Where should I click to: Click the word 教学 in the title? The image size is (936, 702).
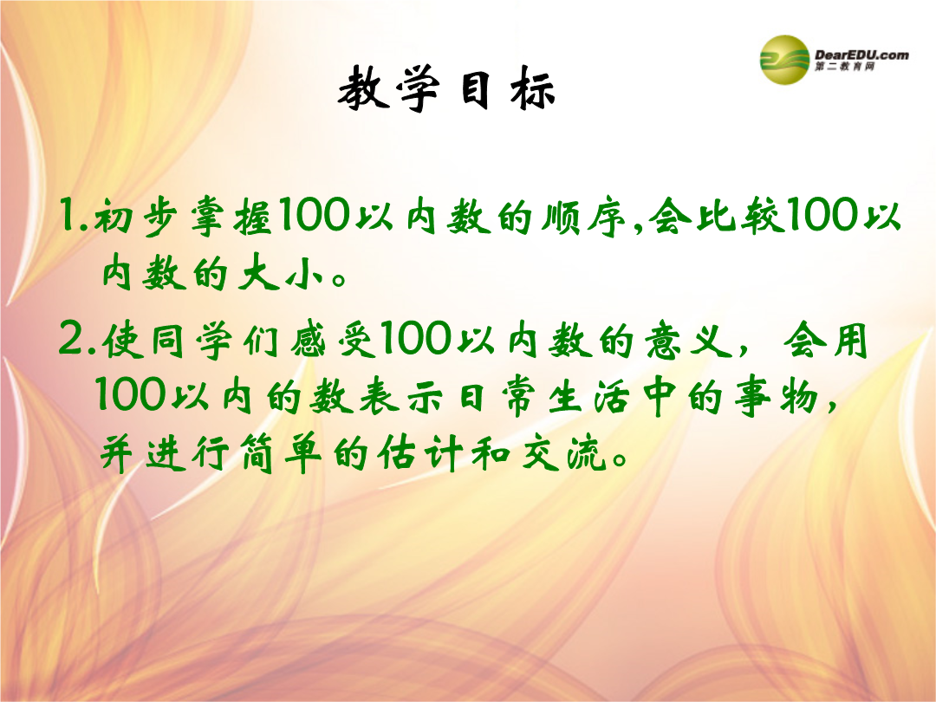(x=389, y=89)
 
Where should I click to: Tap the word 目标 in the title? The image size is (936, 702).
(x=508, y=89)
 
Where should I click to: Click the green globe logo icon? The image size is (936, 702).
(x=784, y=59)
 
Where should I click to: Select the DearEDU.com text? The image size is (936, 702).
(x=861, y=55)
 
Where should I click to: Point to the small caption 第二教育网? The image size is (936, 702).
(x=845, y=66)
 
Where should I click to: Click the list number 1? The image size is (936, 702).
(x=70, y=216)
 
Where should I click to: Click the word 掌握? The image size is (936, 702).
(x=231, y=216)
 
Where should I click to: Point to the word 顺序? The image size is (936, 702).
(x=583, y=216)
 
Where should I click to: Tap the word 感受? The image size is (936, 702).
(x=334, y=341)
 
